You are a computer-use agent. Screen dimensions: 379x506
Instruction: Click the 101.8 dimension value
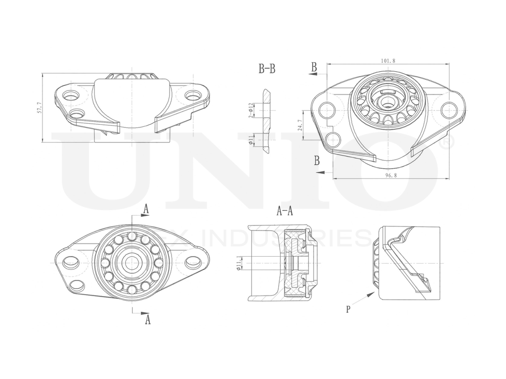point(388,61)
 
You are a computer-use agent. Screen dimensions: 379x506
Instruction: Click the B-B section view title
point(267,69)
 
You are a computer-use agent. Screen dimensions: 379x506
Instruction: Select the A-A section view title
point(285,211)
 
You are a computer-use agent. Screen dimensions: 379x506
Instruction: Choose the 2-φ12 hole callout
point(250,110)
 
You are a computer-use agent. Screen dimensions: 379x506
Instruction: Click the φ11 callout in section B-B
point(251,140)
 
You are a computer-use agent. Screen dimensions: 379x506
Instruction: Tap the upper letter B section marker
point(314,67)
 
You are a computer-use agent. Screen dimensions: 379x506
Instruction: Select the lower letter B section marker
point(316,161)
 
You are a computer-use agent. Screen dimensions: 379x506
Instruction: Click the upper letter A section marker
point(146,208)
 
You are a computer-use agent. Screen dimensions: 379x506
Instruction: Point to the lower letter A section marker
point(148,319)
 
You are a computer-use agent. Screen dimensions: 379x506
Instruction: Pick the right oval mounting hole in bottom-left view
point(193,262)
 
